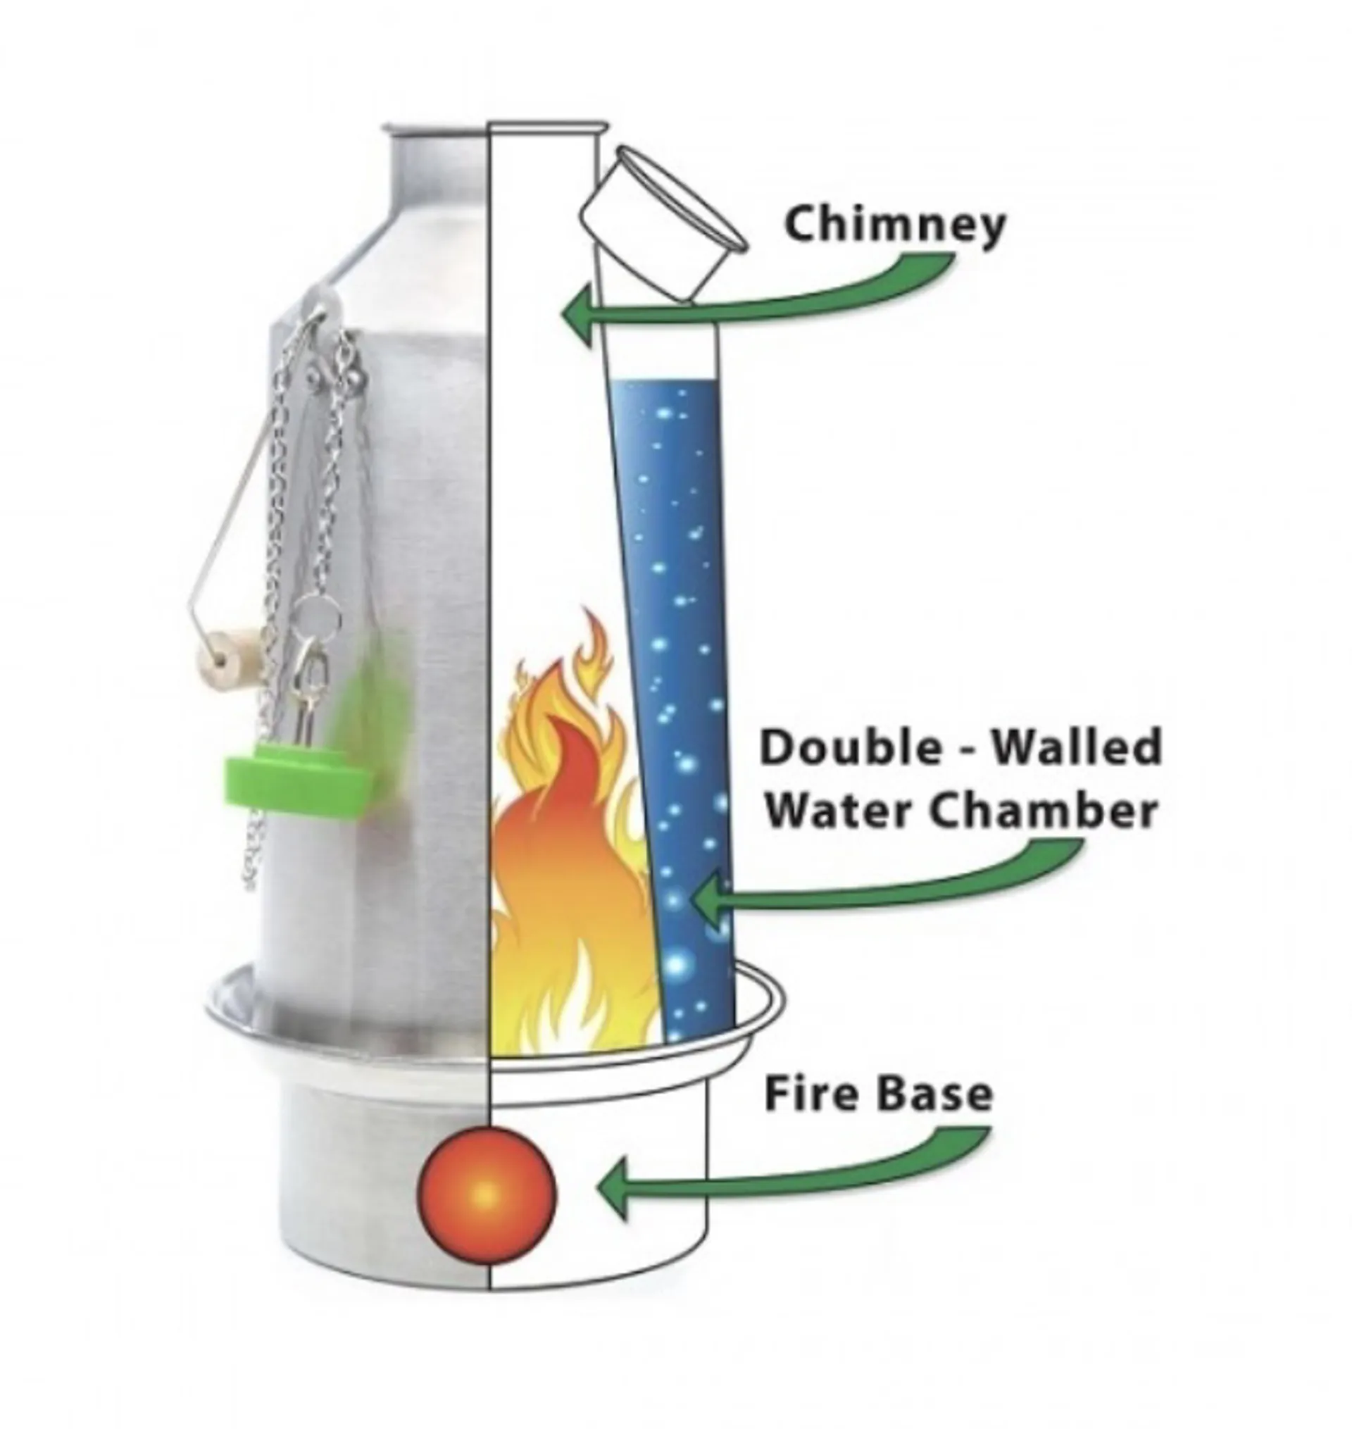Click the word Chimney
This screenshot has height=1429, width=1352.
pos(894,225)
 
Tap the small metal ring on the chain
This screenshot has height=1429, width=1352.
pos(318,617)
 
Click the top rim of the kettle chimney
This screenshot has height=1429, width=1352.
pos(494,127)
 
